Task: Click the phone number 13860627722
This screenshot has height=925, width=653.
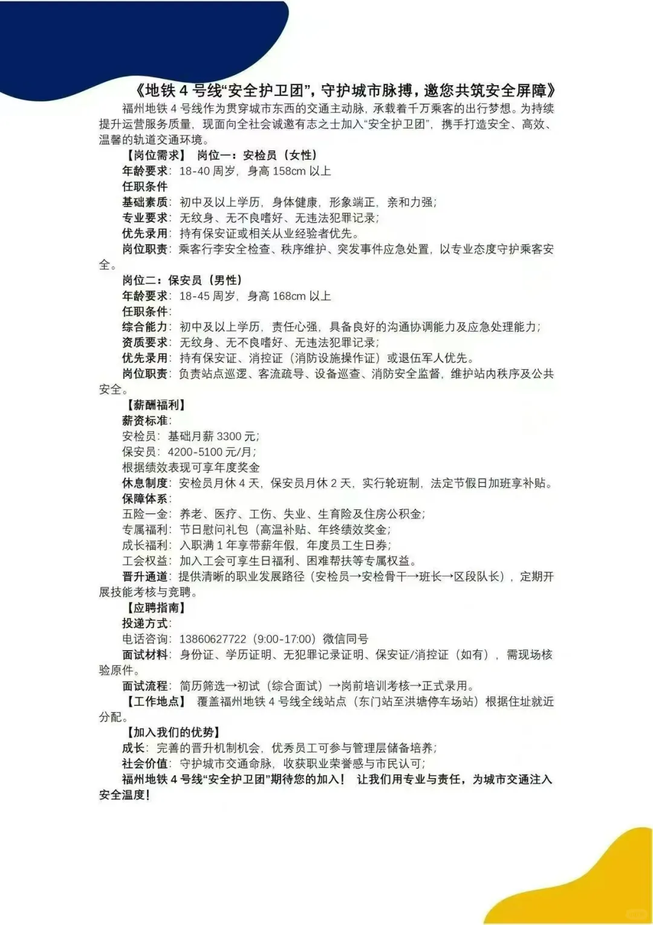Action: pyautogui.click(x=213, y=639)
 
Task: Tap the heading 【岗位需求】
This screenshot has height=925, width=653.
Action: pyautogui.click(x=156, y=155)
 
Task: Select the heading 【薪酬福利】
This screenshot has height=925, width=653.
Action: pyautogui.click(x=156, y=405)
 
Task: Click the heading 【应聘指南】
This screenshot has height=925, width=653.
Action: pyautogui.click(x=156, y=608)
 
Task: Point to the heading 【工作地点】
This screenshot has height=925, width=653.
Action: pyautogui.click(x=156, y=701)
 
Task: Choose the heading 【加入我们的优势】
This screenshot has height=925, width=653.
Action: pyautogui.click(x=173, y=732)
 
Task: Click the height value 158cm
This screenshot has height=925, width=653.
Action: pyautogui.click(x=290, y=171)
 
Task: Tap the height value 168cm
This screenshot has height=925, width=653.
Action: pyautogui.click(x=290, y=296)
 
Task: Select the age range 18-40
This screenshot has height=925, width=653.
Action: pyautogui.click(x=195, y=171)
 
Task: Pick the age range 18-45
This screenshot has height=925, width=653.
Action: pyautogui.click(x=195, y=296)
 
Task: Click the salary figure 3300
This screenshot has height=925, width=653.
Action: pyautogui.click(x=229, y=436)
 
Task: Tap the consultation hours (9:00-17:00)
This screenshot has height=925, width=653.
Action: pyautogui.click(x=284, y=639)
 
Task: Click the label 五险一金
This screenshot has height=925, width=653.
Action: pyautogui.click(x=145, y=514)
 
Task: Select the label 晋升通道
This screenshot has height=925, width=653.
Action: pyautogui.click(x=145, y=576)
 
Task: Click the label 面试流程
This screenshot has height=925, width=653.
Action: pyautogui.click(x=145, y=686)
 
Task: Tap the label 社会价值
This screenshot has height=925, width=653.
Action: pyautogui.click(x=145, y=764)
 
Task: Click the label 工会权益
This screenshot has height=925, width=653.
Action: pyautogui.click(x=145, y=561)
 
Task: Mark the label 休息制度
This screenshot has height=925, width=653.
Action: pyautogui.click(x=145, y=483)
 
